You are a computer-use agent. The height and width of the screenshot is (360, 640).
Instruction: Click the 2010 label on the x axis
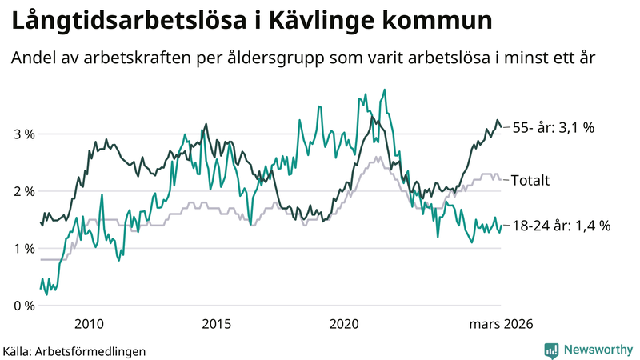[x=88, y=324]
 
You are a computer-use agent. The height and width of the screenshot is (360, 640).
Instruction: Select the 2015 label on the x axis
[x=216, y=324]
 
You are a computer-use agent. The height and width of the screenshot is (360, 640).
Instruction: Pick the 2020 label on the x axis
[x=345, y=324]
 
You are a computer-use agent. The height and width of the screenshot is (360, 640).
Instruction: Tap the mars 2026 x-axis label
[x=501, y=324]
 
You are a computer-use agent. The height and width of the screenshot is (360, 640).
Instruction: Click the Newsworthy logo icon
[x=551, y=350]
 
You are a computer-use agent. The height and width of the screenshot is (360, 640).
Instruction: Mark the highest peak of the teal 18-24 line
[x=385, y=90]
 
